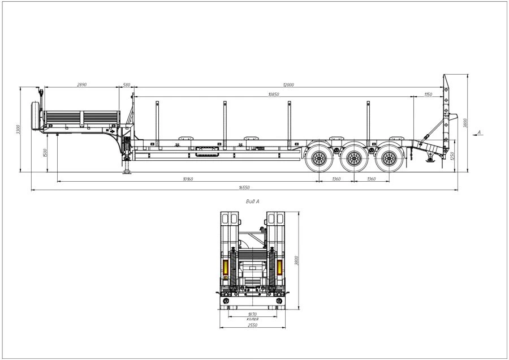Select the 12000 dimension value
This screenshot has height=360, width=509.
(x=288, y=85)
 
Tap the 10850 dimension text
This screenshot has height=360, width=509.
(x=274, y=95)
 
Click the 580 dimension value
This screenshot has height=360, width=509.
(x=126, y=85)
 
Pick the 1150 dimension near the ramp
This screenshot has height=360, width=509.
(x=428, y=95)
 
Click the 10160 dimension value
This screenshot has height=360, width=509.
(x=188, y=179)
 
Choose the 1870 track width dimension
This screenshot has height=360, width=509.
(x=252, y=314)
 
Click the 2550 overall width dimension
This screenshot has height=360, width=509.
(x=252, y=325)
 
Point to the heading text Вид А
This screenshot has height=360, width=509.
(x=253, y=201)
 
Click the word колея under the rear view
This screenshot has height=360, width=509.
(x=252, y=319)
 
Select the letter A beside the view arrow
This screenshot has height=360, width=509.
(x=480, y=132)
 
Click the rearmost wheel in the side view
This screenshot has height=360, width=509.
(x=389, y=158)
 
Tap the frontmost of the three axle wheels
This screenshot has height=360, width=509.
(x=319, y=158)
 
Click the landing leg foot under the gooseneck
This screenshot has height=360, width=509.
(x=126, y=172)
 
